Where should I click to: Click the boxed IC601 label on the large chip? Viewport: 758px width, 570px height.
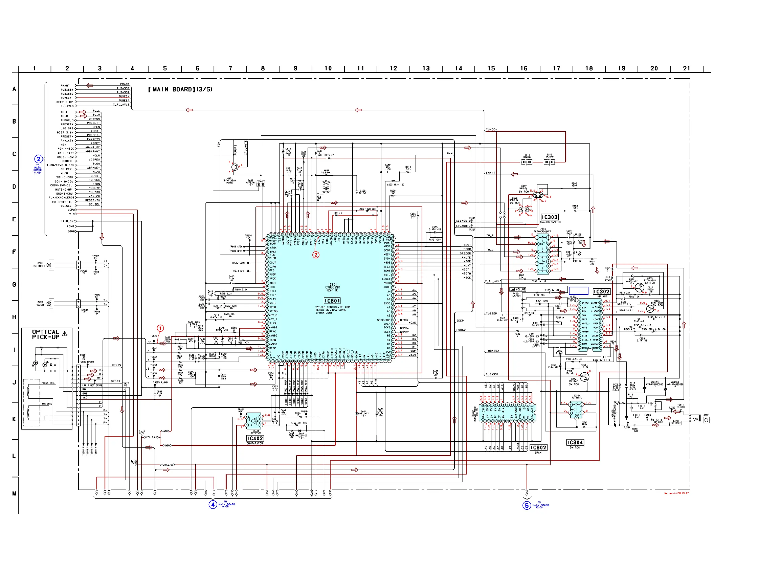click(x=332, y=301)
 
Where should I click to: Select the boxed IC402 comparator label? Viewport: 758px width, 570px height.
click(x=255, y=438)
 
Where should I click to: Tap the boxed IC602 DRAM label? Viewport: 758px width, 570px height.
click(x=538, y=447)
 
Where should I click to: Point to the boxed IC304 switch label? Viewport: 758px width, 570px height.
click(x=575, y=442)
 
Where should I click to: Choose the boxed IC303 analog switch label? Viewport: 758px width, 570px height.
click(x=549, y=217)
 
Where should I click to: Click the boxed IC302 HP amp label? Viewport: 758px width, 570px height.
click(x=601, y=291)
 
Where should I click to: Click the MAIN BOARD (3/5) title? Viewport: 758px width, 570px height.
click(x=180, y=89)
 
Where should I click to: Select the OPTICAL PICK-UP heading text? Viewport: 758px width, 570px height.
click(x=46, y=334)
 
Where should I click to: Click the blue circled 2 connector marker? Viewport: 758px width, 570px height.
click(x=38, y=159)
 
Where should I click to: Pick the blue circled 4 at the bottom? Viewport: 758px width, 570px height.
click(x=213, y=505)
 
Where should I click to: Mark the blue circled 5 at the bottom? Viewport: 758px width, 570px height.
click(x=527, y=506)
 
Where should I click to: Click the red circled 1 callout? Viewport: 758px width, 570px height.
click(x=160, y=328)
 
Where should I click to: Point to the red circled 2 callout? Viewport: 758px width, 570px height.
click(x=316, y=255)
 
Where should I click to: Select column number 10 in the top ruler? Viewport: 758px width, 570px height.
click(x=328, y=69)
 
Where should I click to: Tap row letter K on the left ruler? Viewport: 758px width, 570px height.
click(x=14, y=419)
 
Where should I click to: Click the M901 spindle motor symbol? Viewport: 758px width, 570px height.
click(x=50, y=265)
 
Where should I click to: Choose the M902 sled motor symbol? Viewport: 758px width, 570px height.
click(x=50, y=303)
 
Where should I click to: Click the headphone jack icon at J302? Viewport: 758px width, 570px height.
click(x=706, y=420)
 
